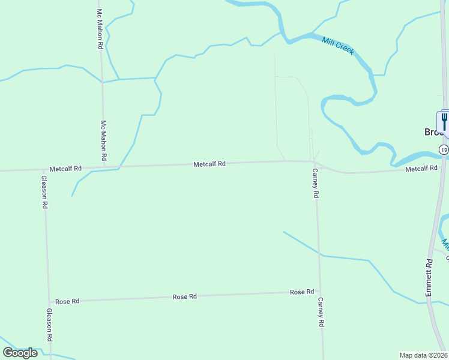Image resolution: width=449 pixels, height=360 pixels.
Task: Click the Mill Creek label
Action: click(x=338, y=46)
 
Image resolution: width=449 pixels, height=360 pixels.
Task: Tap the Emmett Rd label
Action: click(x=429, y=277)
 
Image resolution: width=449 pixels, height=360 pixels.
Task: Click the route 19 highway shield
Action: click(x=443, y=149)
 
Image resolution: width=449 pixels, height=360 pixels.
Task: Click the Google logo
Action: click(x=20, y=352)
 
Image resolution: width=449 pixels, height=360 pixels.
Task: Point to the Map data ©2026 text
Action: click(x=424, y=355)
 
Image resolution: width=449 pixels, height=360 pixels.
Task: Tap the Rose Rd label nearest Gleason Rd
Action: click(x=67, y=301)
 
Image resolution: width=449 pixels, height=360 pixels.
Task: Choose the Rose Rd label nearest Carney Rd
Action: click(x=302, y=292)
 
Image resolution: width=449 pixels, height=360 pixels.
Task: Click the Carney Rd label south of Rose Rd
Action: click(x=321, y=312)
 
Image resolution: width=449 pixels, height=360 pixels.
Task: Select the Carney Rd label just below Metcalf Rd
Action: click(x=315, y=184)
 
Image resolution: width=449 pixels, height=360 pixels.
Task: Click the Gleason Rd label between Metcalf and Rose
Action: click(x=44, y=191)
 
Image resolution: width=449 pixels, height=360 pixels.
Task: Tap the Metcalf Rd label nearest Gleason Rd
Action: click(x=65, y=169)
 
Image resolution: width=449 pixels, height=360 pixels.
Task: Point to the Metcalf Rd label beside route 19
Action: click(x=421, y=169)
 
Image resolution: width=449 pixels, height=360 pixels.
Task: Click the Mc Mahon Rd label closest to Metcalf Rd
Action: click(x=103, y=140)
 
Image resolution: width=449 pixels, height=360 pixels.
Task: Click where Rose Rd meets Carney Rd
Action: click(x=319, y=292)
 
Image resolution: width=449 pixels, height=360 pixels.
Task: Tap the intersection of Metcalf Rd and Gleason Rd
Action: click(x=43, y=170)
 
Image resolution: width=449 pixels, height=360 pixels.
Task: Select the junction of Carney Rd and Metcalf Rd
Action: click(x=314, y=161)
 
